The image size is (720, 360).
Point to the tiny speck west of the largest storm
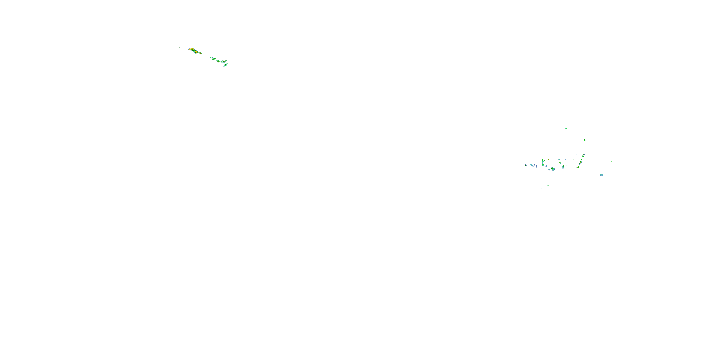(x=180, y=48)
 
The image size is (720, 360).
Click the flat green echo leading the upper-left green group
(x=211, y=58)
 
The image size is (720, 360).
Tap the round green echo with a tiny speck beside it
(x=584, y=140)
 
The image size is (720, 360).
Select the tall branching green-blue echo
(x=543, y=162)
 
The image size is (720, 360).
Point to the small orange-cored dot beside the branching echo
(x=548, y=160)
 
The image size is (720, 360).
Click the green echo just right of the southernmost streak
(x=548, y=186)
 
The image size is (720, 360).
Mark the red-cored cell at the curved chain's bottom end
(x=578, y=168)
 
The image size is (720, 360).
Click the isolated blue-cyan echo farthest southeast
(x=601, y=175)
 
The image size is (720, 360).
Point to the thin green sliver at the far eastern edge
(x=611, y=161)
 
